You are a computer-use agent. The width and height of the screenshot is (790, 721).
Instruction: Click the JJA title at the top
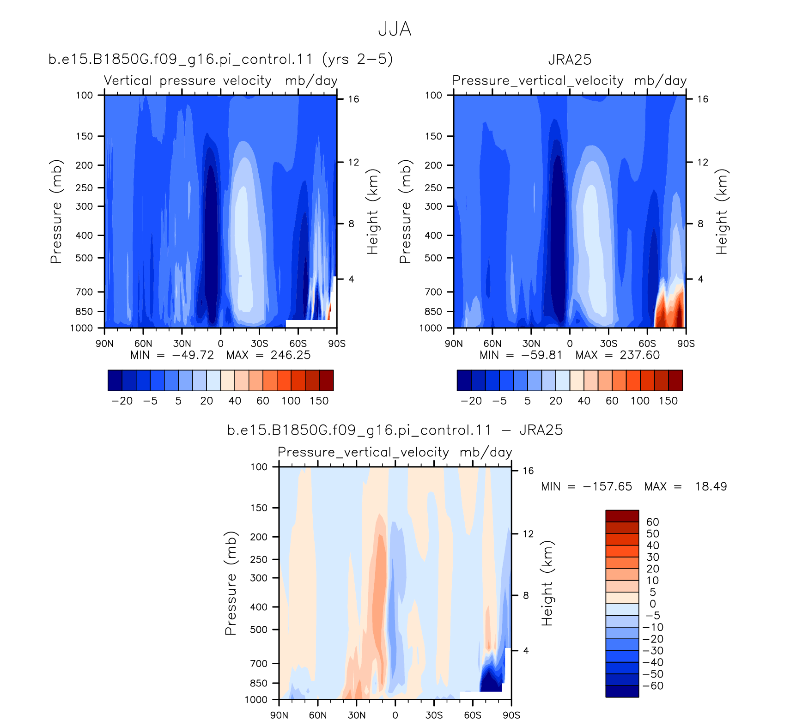coord(395,29)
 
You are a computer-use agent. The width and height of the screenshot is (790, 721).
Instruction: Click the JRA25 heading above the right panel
coord(570,60)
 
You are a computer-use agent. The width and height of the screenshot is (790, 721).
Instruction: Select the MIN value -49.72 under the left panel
coord(193,355)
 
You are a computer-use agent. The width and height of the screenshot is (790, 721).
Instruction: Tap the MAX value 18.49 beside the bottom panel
coord(711,486)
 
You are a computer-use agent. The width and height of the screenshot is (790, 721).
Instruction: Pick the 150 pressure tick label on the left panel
coord(84,136)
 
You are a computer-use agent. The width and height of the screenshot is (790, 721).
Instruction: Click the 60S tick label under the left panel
coord(298,343)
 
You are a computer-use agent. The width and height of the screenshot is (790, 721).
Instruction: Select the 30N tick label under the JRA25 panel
coord(531,343)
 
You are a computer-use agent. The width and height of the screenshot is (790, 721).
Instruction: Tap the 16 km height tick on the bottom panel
coord(528,471)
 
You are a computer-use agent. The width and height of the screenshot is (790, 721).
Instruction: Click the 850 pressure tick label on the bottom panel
coord(259,683)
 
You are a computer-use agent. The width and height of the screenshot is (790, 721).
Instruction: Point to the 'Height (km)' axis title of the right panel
coord(722,212)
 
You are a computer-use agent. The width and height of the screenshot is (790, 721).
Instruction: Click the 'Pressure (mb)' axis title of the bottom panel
coord(231,583)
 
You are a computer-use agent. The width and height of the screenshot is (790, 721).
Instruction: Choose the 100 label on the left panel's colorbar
coord(291,400)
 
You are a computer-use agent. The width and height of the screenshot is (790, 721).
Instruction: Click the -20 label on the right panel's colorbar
coord(471,400)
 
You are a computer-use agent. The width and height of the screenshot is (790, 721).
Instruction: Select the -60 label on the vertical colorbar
coord(653,685)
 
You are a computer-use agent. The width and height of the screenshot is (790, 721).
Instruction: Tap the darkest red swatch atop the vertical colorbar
coord(622,516)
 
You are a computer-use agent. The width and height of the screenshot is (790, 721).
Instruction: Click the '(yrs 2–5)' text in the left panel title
coord(358,60)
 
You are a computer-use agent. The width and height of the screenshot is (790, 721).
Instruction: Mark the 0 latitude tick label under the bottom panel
coord(395,715)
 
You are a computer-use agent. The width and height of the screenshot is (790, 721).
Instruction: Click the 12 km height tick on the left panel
coord(353,162)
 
